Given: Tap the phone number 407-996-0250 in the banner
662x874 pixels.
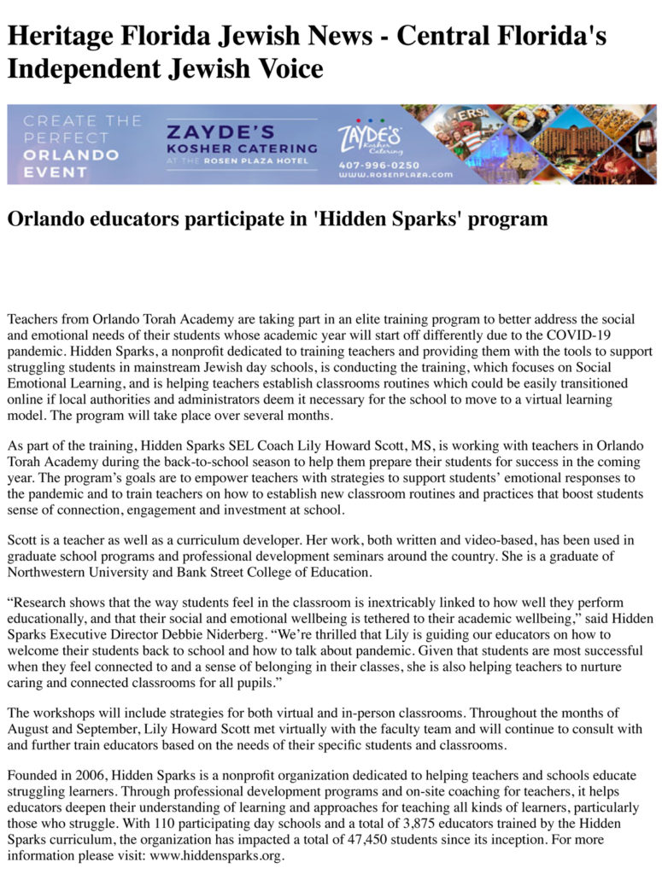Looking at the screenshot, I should point(378,165).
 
